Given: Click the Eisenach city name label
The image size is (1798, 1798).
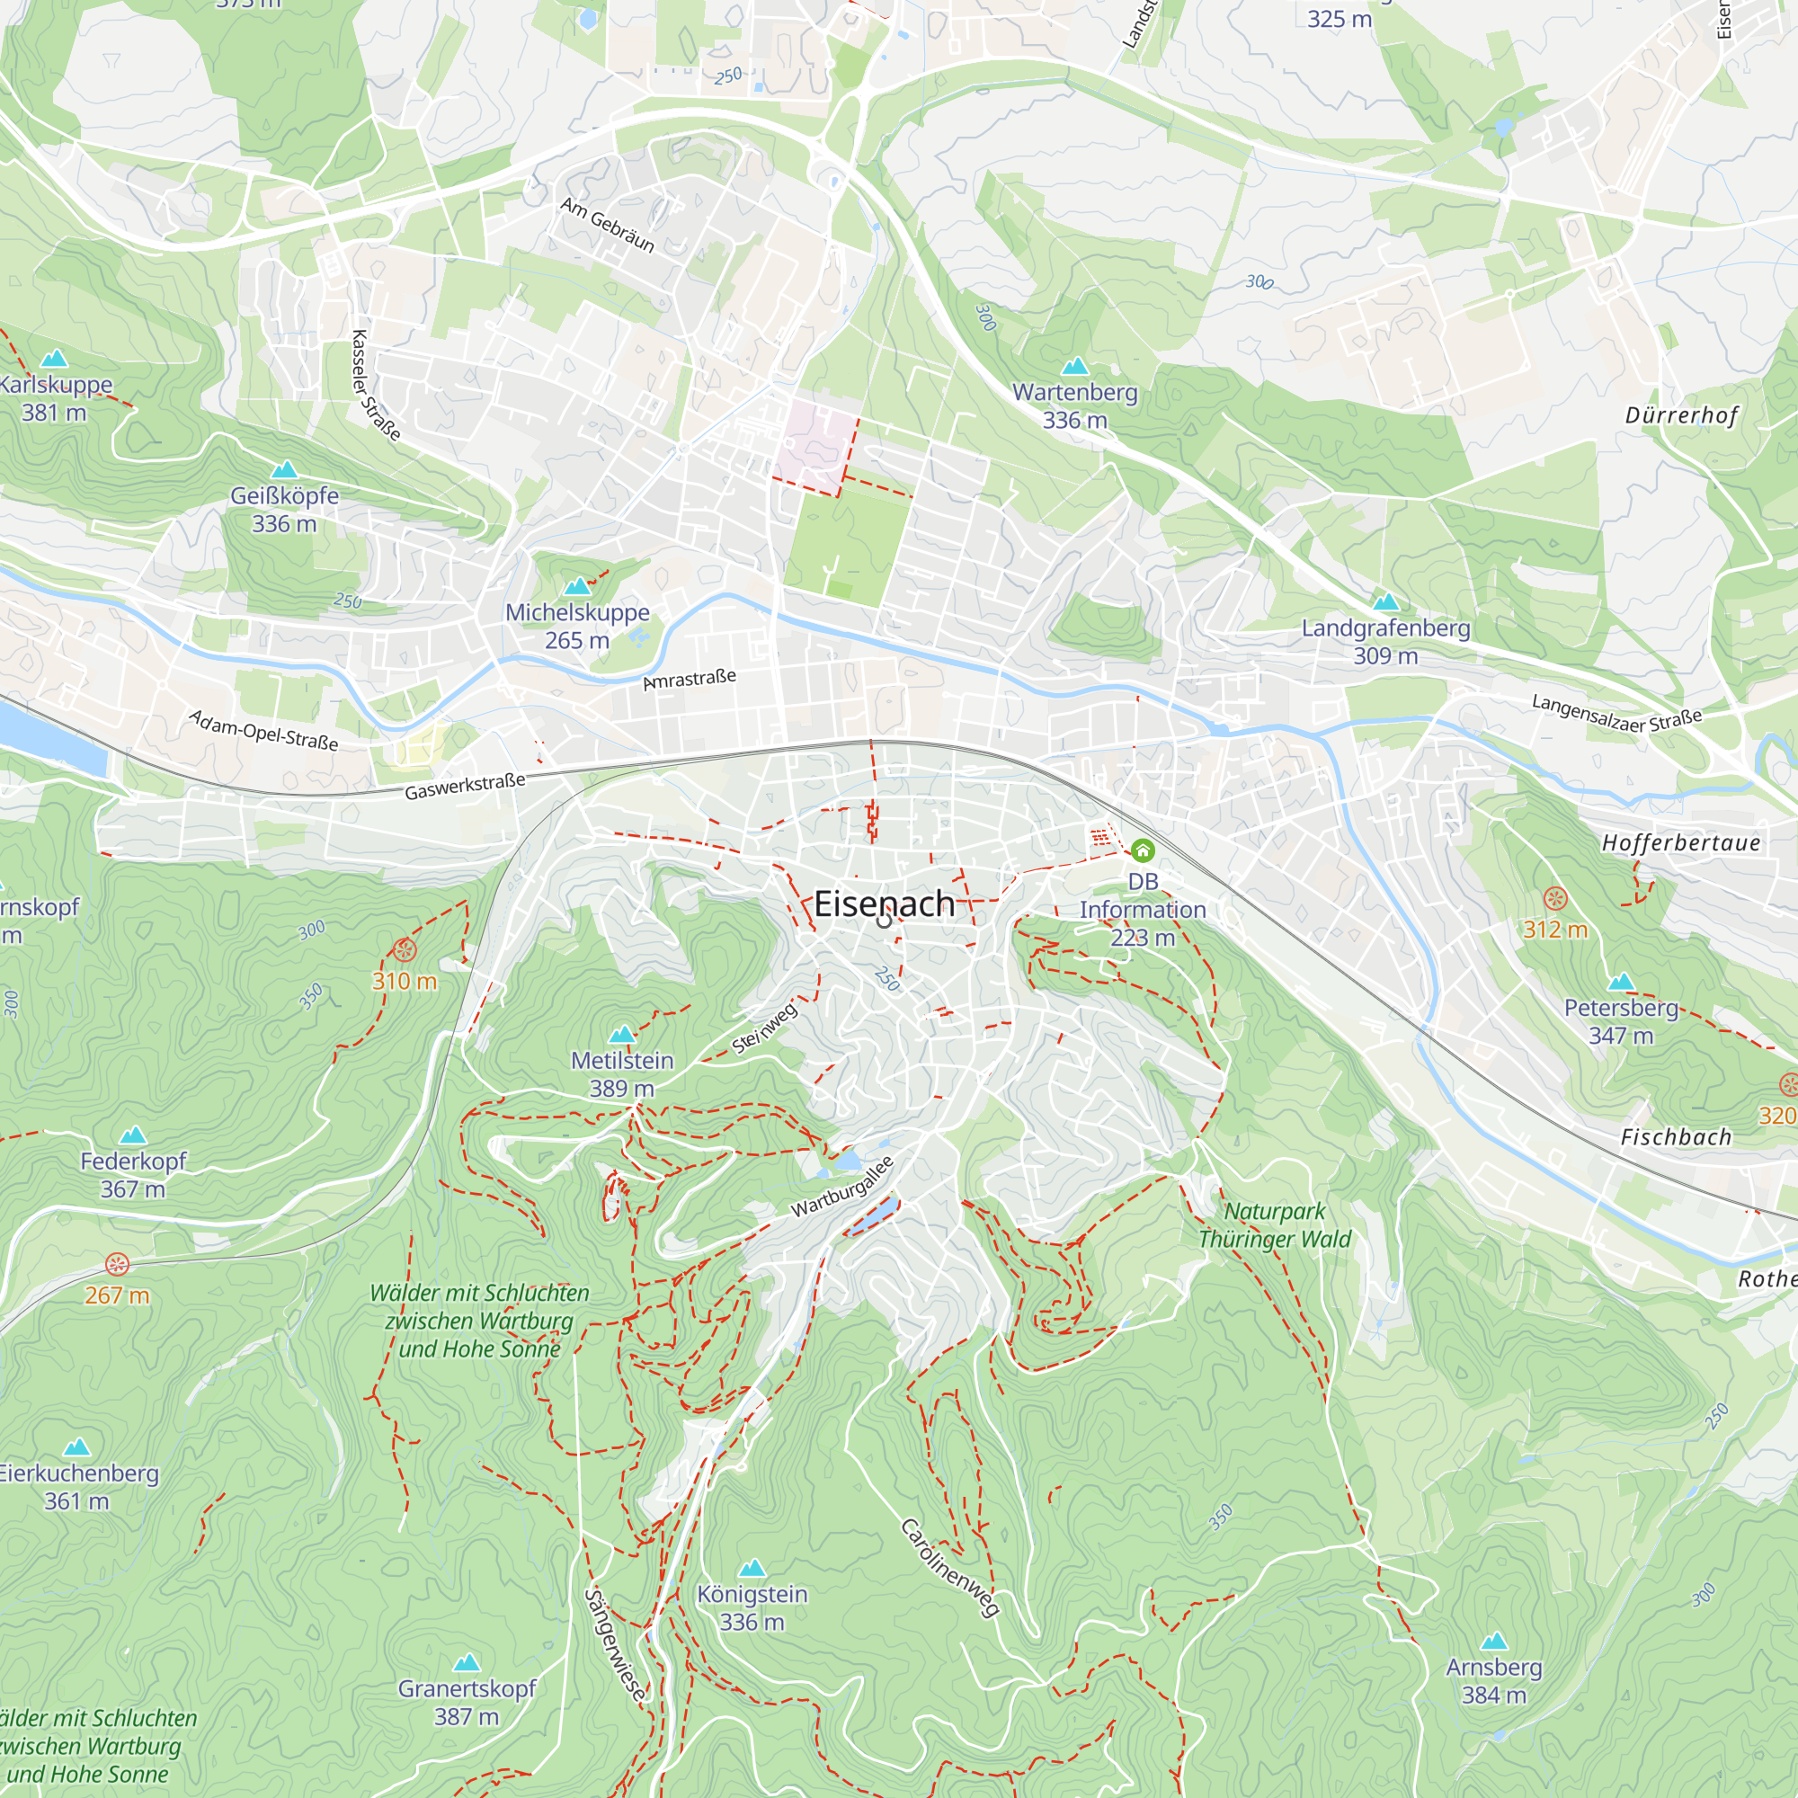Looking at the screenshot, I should coord(883,903).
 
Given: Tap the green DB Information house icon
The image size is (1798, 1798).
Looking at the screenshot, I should coord(1142,850).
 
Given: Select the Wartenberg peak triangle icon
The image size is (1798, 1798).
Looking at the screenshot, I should coord(1075,366).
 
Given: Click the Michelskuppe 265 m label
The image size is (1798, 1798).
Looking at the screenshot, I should coord(577,626).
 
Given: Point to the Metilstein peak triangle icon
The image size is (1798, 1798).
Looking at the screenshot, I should coord(622,1034).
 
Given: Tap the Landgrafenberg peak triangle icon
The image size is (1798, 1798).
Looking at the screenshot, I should coord(1385,602).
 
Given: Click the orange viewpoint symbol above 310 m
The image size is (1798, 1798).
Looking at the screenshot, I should coord(404,950).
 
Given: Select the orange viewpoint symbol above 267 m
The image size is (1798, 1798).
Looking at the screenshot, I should coord(117,1264).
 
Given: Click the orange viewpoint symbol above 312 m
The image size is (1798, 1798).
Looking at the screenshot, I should coord(1555,898).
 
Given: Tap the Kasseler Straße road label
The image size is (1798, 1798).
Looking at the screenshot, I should coord(375,386).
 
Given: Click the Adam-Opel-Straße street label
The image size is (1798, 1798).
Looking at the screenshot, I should coord(263,731).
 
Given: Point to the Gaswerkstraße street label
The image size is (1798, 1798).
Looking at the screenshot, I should coord(465,787).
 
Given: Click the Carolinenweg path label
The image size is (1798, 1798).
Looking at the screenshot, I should coord(950,1567).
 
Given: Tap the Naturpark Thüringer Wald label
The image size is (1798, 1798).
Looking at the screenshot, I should coord(1274,1224).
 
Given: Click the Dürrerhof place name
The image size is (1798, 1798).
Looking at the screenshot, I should coord(1681,416).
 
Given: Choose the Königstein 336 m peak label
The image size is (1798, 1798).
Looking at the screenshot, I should coord(752,1607).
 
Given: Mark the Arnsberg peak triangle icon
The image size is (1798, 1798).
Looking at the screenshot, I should coord(1493,1641).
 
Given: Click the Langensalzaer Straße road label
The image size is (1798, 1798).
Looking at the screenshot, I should coord(1616,714).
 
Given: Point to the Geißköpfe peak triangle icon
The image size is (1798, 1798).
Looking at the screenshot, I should coord(284,470).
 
